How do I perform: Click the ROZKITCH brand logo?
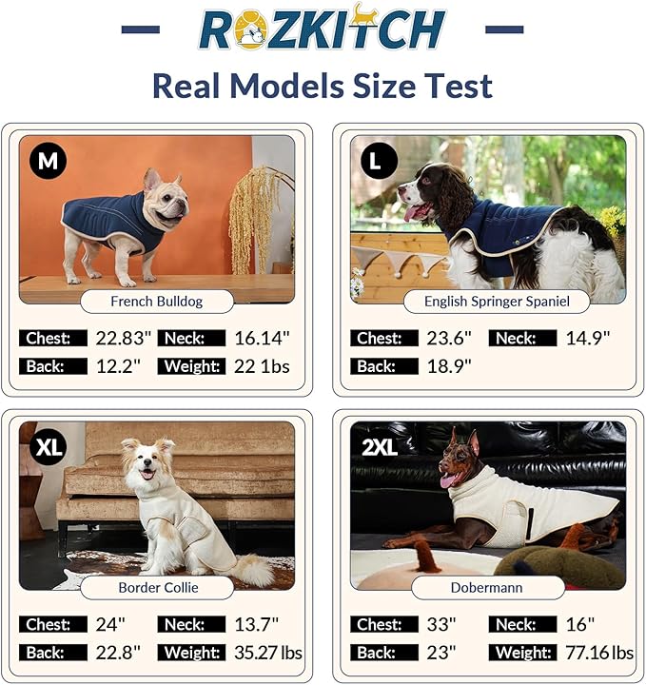(x=323, y=28)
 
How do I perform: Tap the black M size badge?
(x=48, y=161)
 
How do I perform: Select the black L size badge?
(x=378, y=161)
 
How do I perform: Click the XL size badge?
(x=48, y=447)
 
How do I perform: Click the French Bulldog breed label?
(x=157, y=302)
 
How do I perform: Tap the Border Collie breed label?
(x=158, y=587)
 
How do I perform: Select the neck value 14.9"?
(x=587, y=338)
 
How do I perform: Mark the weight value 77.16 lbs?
(x=597, y=653)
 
